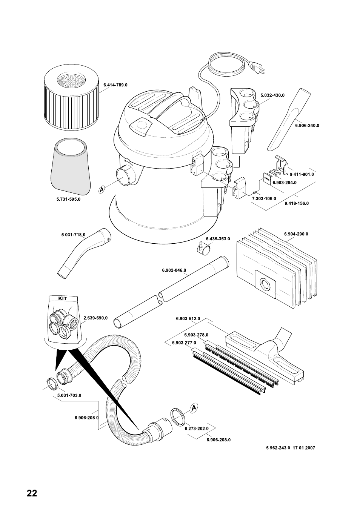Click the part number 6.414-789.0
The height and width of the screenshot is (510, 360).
(115, 85)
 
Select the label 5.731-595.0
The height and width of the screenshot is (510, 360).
(68, 199)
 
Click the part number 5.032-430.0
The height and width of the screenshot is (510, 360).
(272, 95)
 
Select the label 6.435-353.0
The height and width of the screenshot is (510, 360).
(218, 239)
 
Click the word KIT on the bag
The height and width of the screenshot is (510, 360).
(63, 298)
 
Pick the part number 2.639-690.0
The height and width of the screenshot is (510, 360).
(95, 318)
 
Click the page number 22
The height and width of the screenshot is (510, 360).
(32, 493)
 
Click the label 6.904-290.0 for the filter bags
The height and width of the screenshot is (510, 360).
(296, 234)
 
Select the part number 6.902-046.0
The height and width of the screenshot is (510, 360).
(174, 270)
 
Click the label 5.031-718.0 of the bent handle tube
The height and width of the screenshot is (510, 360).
(73, 235)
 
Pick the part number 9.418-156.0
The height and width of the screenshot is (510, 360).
(297, 203)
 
